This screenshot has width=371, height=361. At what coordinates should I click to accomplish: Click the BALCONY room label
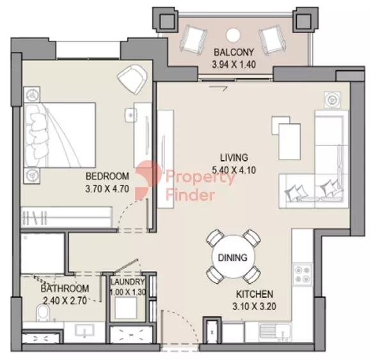coord(233,52)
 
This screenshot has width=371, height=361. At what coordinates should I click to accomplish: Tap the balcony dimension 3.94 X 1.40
coord(233,65)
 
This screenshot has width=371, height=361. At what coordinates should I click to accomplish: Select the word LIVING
coord(234,157)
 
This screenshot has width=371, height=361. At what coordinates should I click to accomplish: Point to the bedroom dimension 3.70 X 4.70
coord(107,189)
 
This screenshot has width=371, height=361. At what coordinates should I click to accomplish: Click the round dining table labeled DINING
coord(233,257)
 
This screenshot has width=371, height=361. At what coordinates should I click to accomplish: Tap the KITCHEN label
coord(255,294)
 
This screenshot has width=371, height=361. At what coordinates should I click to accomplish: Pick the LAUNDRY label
coord(128,282)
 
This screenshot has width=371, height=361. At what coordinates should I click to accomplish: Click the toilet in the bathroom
coord(43,313)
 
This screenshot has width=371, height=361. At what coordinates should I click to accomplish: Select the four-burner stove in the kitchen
coord(303,275)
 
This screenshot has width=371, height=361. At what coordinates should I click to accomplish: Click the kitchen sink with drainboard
coord(275,332)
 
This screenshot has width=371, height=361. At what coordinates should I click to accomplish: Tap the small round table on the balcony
coord(233,35)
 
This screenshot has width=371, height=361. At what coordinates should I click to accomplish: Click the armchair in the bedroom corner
coord(132,79)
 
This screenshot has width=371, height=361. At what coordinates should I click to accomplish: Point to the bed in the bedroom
coord(59,135)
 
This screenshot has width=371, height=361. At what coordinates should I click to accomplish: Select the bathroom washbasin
coord(84,330)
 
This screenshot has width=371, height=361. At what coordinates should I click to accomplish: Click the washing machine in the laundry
coord(125,307)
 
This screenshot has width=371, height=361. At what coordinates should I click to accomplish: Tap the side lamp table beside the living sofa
coord(333,100)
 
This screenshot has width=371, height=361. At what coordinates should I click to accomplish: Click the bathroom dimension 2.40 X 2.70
coord(65,301)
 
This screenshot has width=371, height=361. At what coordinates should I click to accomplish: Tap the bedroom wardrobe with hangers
coord(67,218)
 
